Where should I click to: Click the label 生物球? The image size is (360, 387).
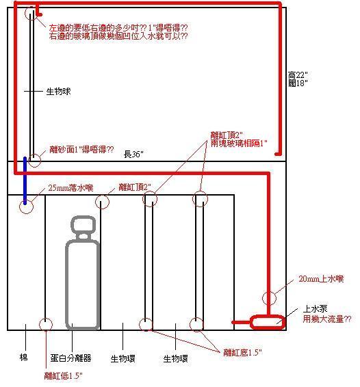58,92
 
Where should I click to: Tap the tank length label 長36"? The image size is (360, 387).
133,155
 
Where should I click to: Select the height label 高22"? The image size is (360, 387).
298,75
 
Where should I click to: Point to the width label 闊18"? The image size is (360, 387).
298,83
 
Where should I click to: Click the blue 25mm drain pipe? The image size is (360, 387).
25,181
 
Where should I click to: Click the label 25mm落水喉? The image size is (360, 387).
70,188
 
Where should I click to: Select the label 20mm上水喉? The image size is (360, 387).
321,279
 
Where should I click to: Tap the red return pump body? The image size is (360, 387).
268,322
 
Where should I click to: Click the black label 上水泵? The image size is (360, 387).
315,309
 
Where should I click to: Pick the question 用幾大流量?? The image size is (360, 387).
327,319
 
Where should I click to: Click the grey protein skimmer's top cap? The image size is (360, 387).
83,224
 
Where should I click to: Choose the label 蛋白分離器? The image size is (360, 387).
70,358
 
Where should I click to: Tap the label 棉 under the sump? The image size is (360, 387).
24,357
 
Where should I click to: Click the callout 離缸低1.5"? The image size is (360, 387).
63,376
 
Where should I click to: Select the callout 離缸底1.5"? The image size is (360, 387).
242,352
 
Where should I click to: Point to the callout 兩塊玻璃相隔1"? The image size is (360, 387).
239,143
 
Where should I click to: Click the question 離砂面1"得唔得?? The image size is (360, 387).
81,149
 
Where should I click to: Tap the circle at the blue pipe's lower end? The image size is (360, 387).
19,206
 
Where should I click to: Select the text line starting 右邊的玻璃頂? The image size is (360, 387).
118,36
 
